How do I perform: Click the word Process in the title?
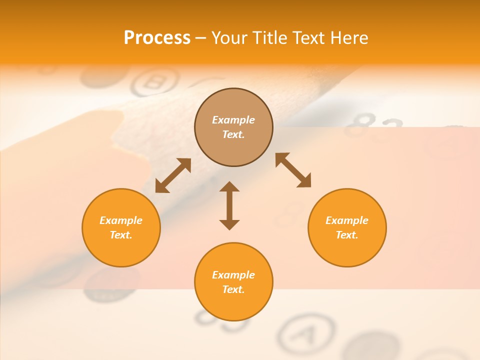click(157, 38)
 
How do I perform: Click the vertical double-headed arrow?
click(229, 206)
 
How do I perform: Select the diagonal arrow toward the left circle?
click(173, 175)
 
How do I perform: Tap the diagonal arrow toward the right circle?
click(293, 170)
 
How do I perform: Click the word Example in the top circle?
click(233, 120)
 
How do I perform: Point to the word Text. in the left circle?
click(121, 235)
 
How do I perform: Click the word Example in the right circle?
click(347, 220)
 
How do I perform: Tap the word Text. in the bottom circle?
click(233, 289)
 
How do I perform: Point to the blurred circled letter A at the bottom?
click(306, 332)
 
